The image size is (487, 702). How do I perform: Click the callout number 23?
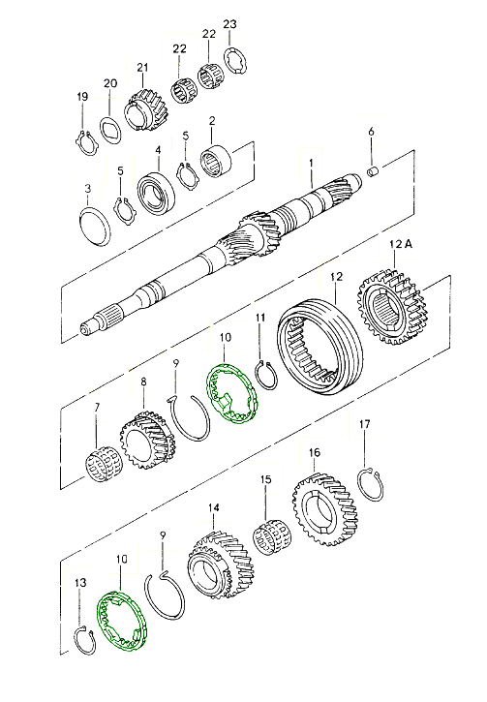tap(229, 24)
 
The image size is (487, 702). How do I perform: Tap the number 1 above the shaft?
tap(311, 165)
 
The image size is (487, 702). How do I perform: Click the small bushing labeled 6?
tap(374, 171)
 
